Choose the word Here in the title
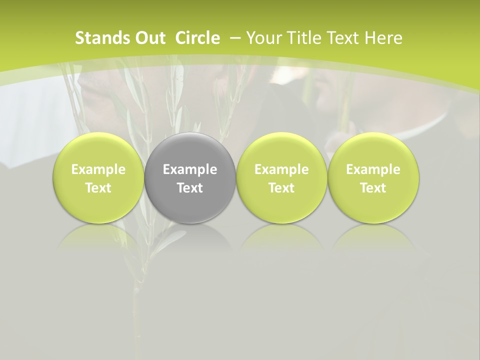382,38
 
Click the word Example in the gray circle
190,169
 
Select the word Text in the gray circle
190,188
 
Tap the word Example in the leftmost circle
98,169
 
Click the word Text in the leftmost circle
98,188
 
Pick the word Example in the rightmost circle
373,169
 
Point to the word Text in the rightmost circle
373,188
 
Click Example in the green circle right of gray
281,169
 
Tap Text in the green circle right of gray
281,188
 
